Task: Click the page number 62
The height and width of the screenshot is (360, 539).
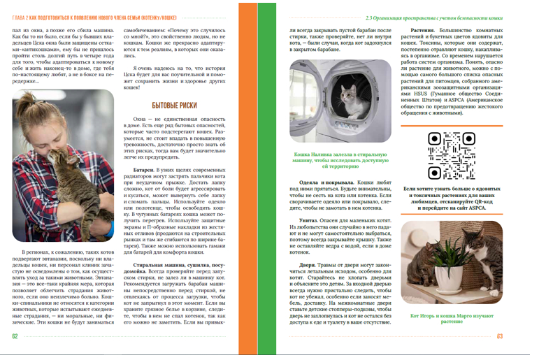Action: click(15, 336)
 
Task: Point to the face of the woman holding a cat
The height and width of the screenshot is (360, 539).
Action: click(42, 124)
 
